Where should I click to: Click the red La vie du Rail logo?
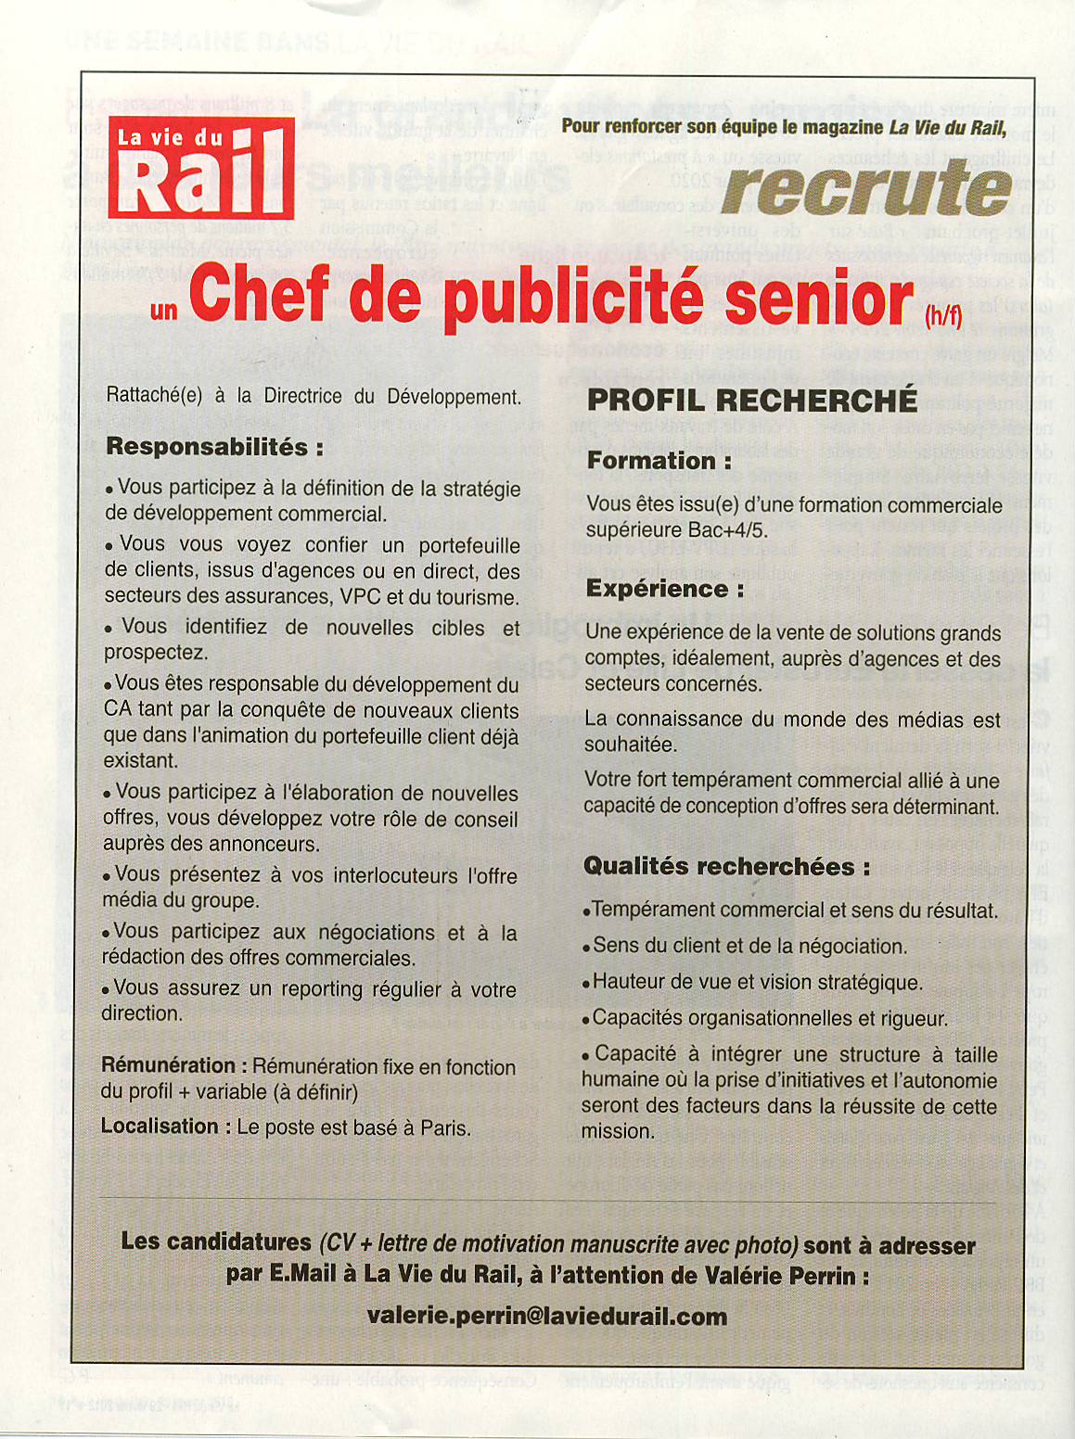click(x=201, y=168)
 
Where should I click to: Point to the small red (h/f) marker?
click(x=944, y=316)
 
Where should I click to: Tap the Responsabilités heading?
click(x=214, y=447)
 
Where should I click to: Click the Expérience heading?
click(x=664, y=589)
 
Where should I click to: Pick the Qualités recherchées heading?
click(x=726, y=867)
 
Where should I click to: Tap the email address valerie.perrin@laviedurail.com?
click(x=546, y=1317)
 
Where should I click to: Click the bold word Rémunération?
click(x=168, y=1066)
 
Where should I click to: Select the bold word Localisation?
click(x=160, y=1127)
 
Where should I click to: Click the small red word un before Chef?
click(x=163, y=310)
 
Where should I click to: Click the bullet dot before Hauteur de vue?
click(x=586, y=984)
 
